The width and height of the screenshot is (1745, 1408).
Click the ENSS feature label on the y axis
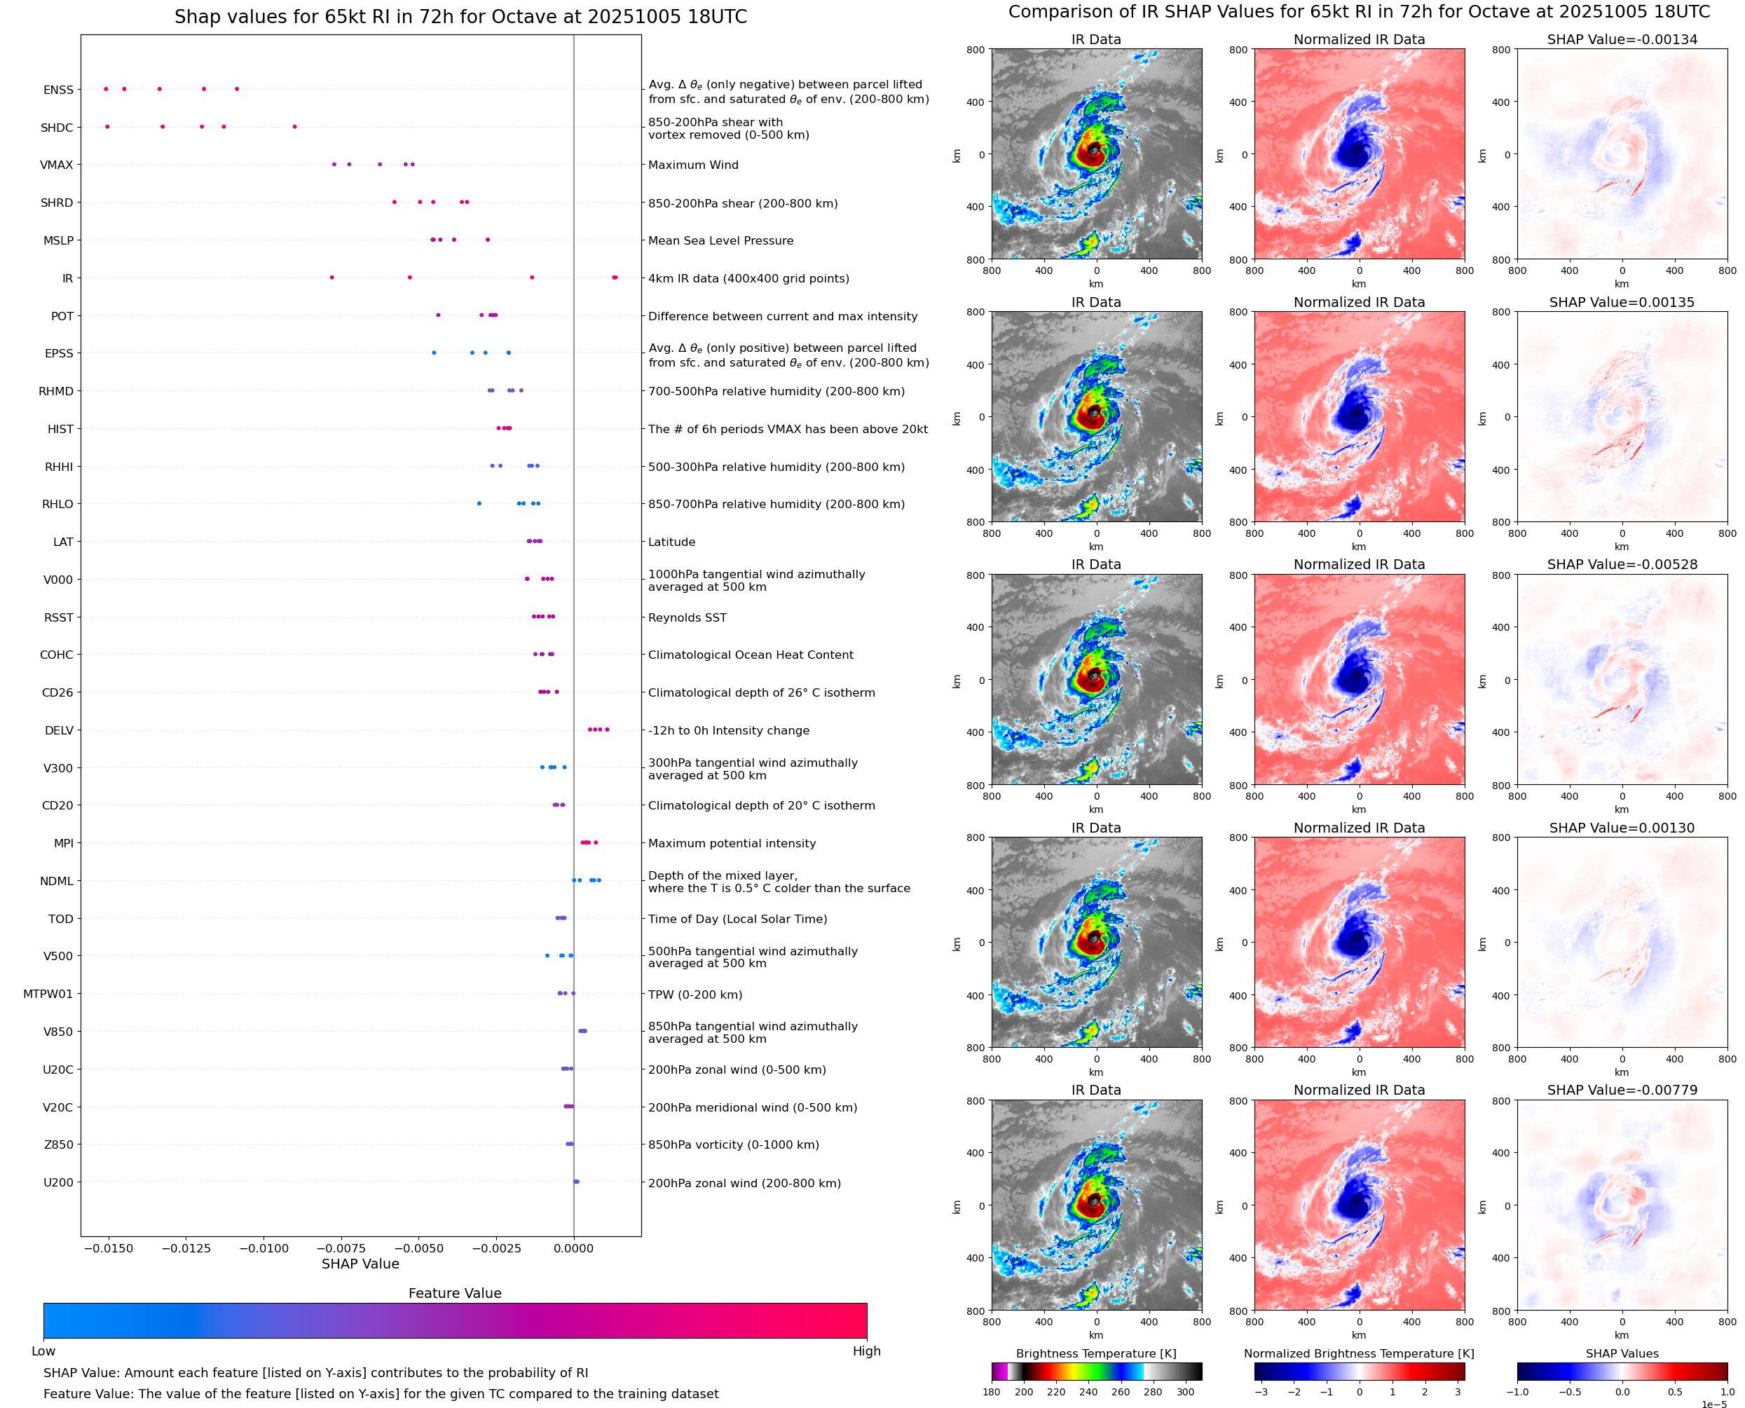pos(57,90)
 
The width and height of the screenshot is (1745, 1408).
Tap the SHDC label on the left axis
pos(57,128)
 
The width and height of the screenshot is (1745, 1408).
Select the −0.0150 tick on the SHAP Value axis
pos(108,1248)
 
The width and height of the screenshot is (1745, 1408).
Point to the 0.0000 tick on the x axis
pos(573,1248)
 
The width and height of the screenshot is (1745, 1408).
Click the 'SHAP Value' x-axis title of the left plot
pos(360,1264)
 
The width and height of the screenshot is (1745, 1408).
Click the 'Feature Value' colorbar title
pos(454,1293)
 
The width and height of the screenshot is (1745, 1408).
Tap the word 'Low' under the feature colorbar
pos(43,1351)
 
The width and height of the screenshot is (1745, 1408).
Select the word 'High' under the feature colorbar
pos(866,1351)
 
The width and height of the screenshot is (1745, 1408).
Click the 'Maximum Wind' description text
pos(692,165)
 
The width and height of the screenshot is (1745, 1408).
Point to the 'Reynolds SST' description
pos(687,618)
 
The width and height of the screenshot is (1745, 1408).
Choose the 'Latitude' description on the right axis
pos(671,542)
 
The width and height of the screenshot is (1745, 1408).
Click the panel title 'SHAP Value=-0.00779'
pos(1622,1090)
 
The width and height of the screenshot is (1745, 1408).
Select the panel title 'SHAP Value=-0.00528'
pos(1622,564)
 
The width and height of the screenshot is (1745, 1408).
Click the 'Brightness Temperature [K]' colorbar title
pos(1095,1353)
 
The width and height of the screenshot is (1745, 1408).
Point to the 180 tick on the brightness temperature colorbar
pos(992,1392)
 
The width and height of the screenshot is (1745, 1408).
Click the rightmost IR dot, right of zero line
pos(615,278)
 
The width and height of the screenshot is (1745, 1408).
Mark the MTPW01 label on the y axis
pos(48,995)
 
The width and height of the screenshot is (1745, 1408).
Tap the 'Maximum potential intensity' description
pos(732,844)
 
